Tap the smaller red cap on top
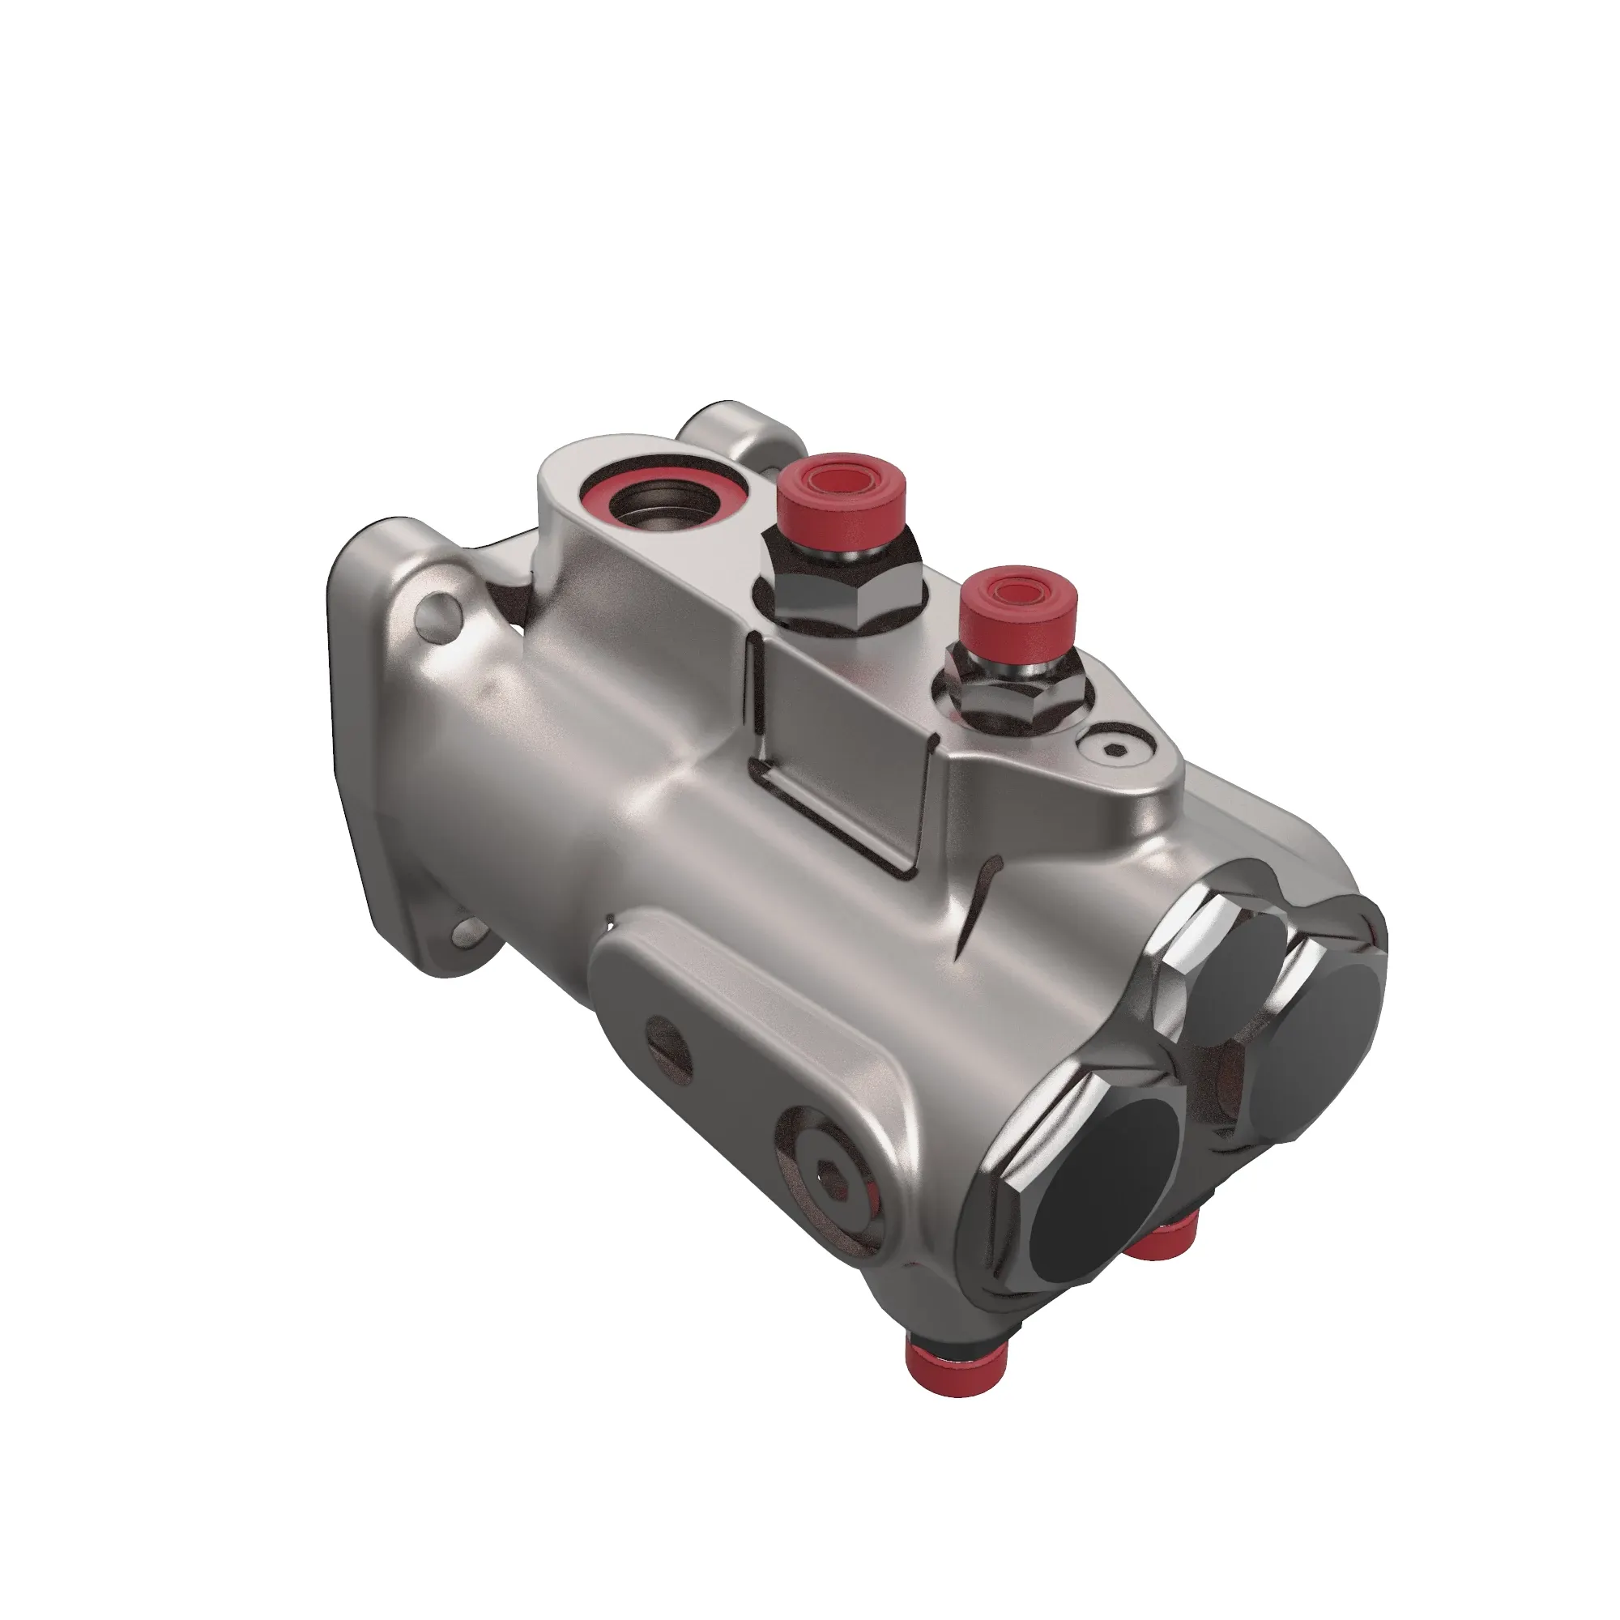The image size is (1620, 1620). (x=1018, y=608)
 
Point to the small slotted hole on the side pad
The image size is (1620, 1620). (x=671, y=1043)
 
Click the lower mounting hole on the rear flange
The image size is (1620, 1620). (x=466, y=933)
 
